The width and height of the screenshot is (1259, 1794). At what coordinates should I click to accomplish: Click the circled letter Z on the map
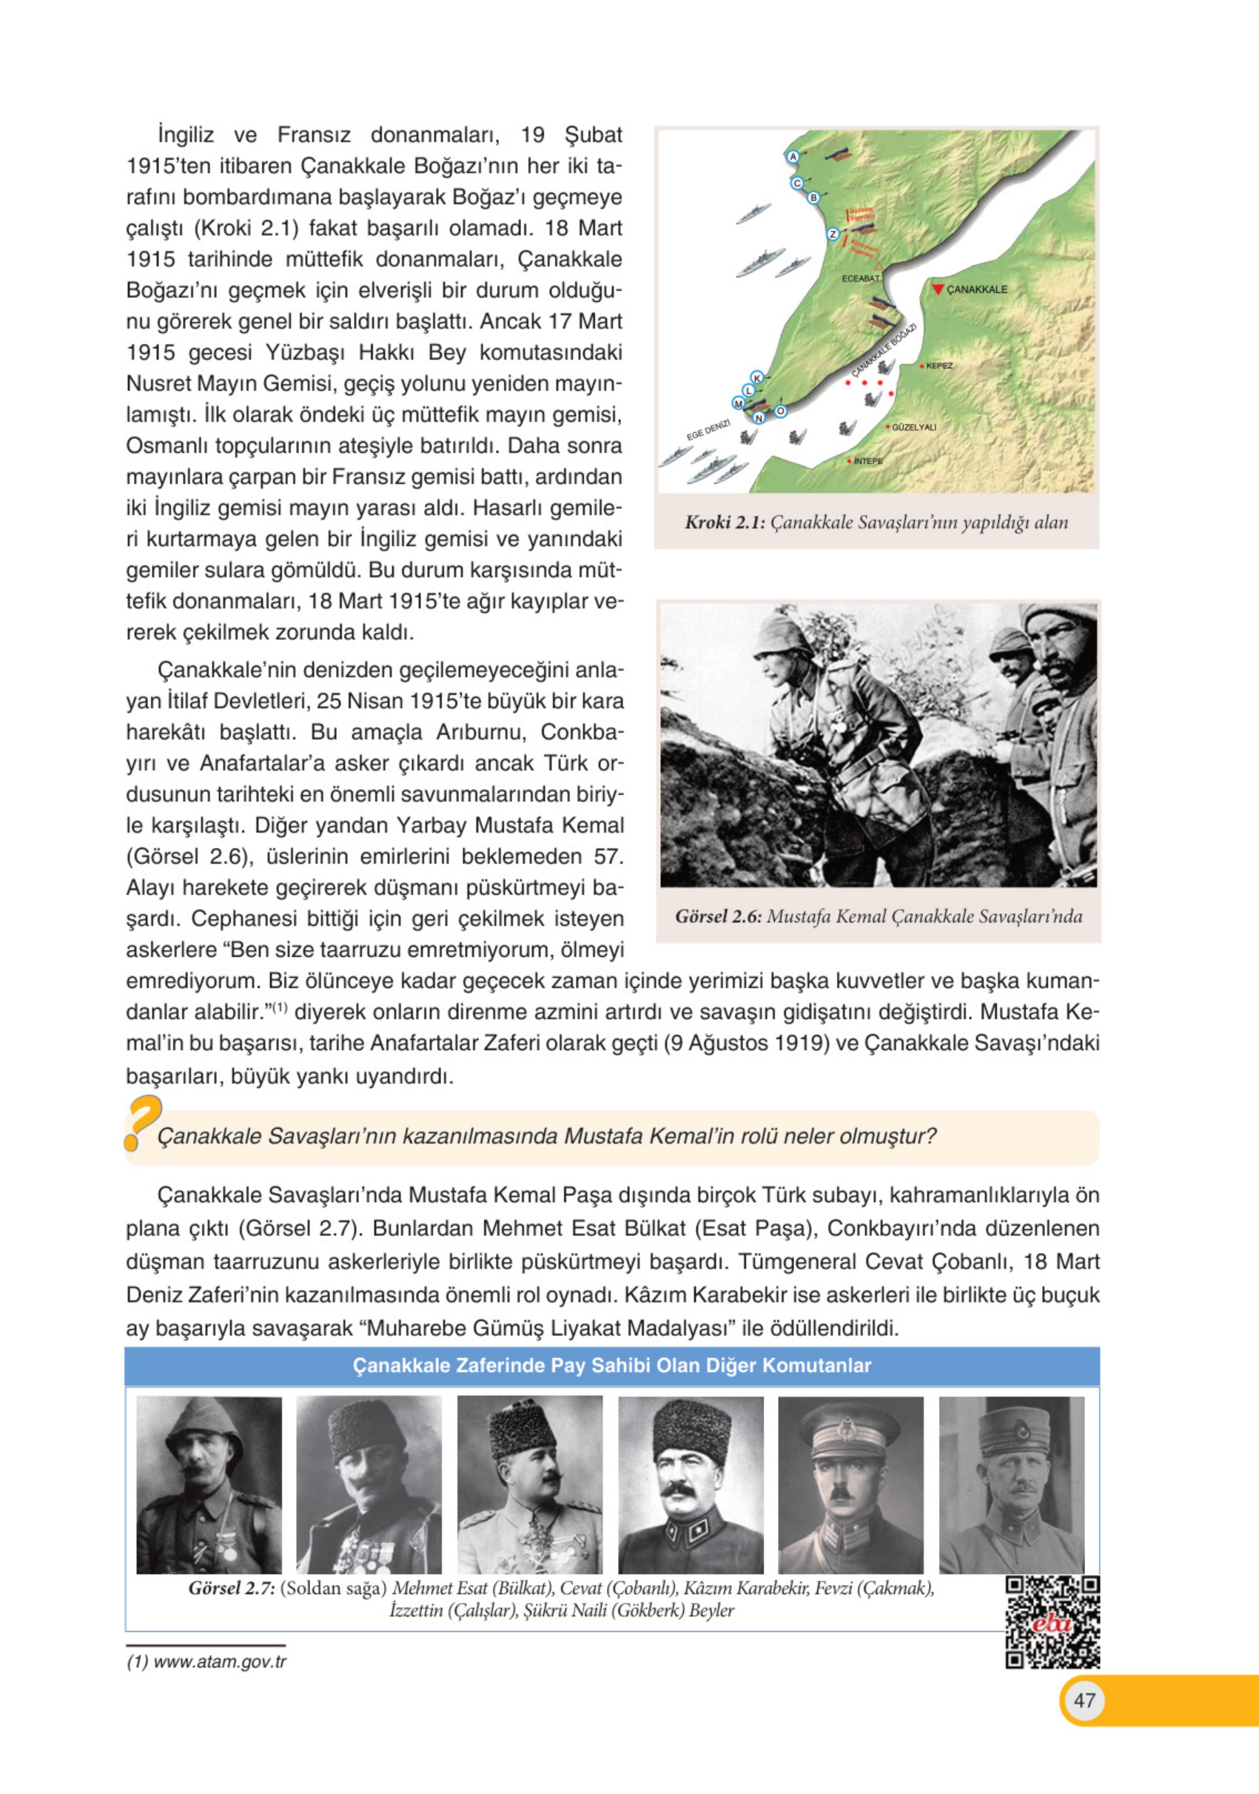(x=833, y=234)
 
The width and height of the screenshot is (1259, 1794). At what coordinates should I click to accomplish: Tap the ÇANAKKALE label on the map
(x=977, y=289)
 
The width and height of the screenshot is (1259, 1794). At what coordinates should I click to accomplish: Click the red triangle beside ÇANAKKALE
(x=938, y=289)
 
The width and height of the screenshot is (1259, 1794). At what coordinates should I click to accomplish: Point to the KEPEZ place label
(x=939, y=366)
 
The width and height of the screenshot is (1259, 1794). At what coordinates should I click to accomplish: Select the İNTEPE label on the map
(x=867, y=461)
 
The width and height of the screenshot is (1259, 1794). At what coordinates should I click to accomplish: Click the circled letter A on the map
(x=793, y=156)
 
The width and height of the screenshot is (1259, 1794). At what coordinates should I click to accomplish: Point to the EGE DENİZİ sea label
(x=708, y=430)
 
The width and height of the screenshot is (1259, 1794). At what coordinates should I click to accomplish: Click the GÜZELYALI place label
(x=913, y=427)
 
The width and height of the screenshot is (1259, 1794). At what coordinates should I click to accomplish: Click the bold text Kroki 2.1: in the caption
(x=725, y=522)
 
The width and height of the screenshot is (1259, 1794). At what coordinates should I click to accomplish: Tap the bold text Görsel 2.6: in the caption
(x=718, y=916)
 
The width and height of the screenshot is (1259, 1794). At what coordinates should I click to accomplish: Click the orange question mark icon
(x=142, y=1123)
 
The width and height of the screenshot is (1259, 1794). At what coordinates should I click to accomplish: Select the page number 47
(x=1084, y=1700)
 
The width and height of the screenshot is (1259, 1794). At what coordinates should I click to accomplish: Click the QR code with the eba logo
(x=1052, y=1622)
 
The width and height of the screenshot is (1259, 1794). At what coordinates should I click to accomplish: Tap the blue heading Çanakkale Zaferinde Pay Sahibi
(x=612, y=1365)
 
